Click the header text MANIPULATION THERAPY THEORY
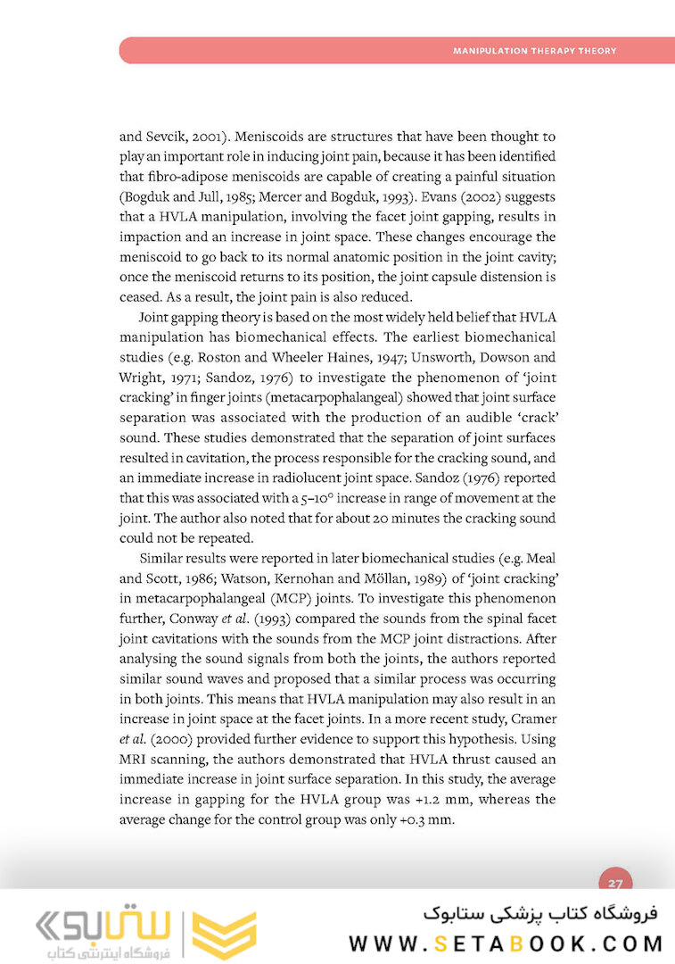[x=534, y=51]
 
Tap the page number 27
[x=615, y=883]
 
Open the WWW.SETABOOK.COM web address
[x=506, y=943]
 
